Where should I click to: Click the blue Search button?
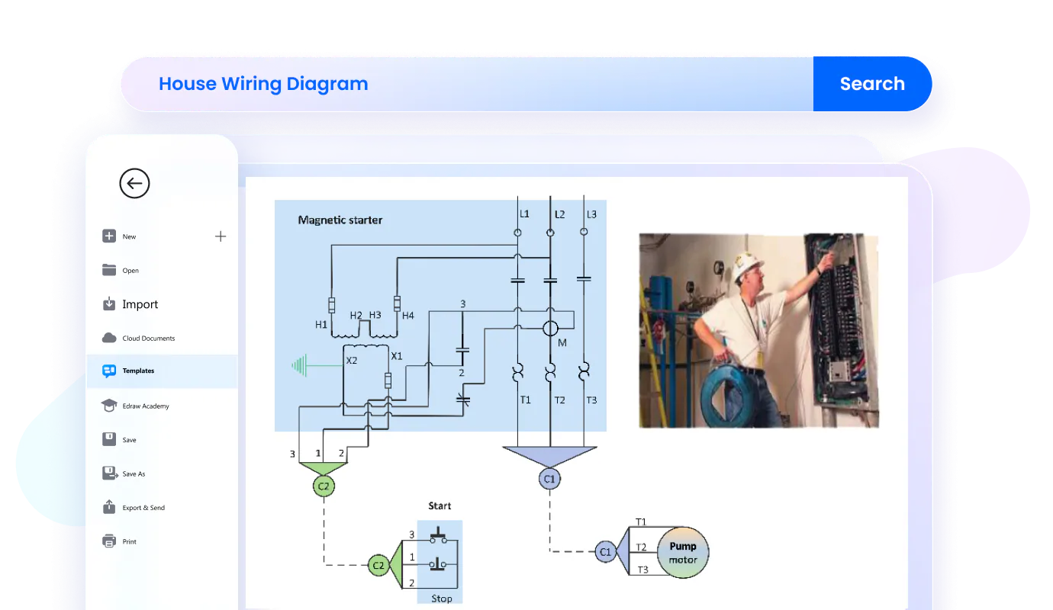point(872,84)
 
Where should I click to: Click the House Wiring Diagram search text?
point(263,84)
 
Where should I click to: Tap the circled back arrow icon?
point(134,183)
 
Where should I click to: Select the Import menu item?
point(140,304)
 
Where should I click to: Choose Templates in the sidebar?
point(138,371)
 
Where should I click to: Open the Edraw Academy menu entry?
point(145,406)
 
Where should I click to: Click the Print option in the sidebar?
point(129,541)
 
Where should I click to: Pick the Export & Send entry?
point(143,508)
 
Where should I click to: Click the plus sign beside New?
point(221,236)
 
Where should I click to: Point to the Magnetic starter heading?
point(340,220)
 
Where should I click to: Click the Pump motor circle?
point(682,553)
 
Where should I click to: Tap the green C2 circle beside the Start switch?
point(378,565)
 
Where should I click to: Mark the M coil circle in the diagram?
point(550,329)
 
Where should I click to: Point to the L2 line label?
point(559,215)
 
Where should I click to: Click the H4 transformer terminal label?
point(407,315)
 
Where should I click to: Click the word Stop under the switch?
point(441,599)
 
